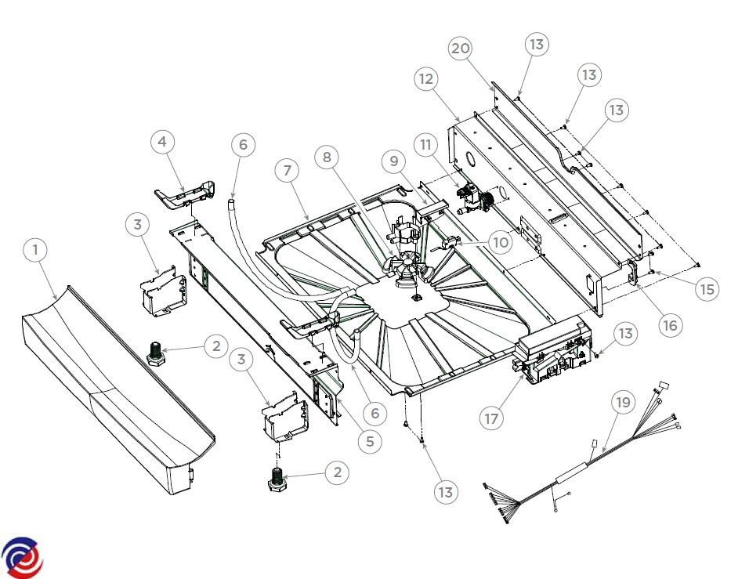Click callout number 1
point(35,251)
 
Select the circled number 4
point(162,143)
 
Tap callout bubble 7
point(288,170)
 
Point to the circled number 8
point(327,157)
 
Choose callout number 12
point(426,79)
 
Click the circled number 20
point(461,49)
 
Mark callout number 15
point(707,289)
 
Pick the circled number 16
point(670,324)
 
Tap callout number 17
point(491,419)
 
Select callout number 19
point(622,403)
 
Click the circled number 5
point(370,441)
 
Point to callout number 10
point(501,243)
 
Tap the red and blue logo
point(22,558)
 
